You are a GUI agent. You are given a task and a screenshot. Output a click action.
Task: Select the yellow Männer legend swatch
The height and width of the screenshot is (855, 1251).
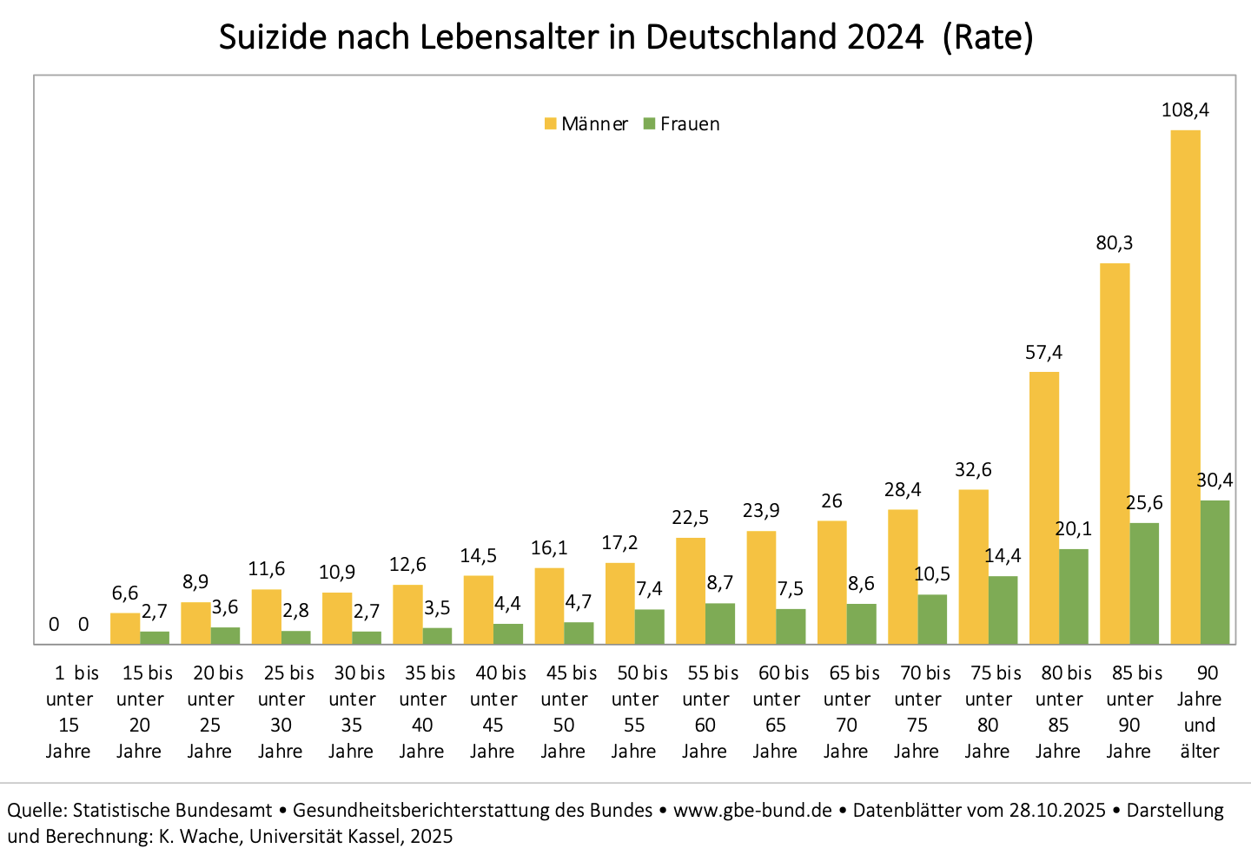click(x=550, y=124)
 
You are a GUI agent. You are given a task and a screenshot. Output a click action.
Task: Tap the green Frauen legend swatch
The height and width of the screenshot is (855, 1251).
click(x=649, y=124)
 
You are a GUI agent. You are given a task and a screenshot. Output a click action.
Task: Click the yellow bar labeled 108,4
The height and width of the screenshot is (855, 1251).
click(x=1185, y=387)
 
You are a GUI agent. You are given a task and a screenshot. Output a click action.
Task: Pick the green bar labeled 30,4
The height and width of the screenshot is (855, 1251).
click(x=1215, y=572)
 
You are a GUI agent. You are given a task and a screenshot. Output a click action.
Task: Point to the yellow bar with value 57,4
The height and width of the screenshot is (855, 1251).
click(x=1043, y=507)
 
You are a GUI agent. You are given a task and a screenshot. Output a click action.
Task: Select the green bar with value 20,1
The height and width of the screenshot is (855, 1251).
click(x=1073, y=596)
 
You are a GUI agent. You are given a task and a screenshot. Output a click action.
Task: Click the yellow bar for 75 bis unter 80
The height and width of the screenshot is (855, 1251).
click(x=973, y=567)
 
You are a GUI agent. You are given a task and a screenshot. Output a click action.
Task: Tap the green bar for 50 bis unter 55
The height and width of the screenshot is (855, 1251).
click(x=649, y=626)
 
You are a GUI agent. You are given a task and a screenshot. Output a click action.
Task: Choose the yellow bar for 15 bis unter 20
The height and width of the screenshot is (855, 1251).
click(x=125, y=628)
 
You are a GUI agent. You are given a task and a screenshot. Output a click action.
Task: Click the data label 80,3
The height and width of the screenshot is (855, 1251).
click(x=1114, y=243)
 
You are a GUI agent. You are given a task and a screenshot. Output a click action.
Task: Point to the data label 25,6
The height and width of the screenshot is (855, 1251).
click(x=1144, y=503)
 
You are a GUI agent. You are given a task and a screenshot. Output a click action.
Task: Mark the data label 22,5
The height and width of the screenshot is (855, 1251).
click(x=690, y=518)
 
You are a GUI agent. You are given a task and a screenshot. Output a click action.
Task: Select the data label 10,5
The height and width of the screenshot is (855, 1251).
click(x=932, y=574)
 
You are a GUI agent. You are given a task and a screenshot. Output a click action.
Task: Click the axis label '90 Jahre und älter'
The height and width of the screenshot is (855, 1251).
click(x=1200, y=712)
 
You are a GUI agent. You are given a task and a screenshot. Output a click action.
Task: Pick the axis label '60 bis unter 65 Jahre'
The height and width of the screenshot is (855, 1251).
click(x=776, y=712)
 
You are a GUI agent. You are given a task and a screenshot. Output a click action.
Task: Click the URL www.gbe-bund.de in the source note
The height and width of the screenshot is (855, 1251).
click(x=752, y=811)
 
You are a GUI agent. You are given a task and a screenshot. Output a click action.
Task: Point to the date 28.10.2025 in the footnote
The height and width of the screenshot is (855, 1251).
click(x=1056, y=811)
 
